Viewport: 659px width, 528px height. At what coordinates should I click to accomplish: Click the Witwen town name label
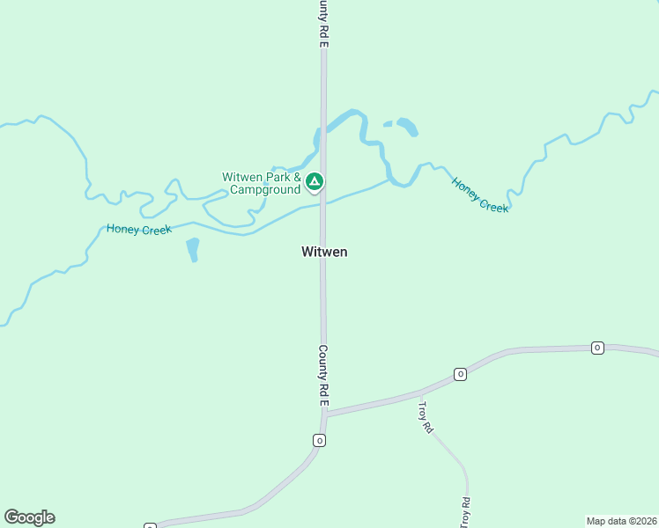(324, 252)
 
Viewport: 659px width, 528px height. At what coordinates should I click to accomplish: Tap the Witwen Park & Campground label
(262, 183)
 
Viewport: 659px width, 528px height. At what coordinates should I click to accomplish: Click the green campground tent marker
(315, 182)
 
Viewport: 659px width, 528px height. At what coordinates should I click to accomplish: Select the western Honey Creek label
(139, 229)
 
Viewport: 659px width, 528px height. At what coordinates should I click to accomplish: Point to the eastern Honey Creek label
(480, 195)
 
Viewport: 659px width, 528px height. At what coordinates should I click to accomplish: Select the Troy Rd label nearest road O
(426, 417)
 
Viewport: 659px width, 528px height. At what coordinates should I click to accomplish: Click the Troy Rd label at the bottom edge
(464, 512)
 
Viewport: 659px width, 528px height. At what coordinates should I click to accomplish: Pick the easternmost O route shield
(597, 348)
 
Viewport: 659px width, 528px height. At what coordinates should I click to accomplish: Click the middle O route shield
(460, 375)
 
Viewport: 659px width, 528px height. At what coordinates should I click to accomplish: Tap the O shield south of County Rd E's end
(319, 440)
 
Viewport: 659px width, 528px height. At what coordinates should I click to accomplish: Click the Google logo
(29, 517)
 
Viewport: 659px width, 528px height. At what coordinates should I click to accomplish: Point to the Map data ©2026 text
(620, 521)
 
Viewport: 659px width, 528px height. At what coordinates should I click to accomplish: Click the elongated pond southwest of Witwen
(193, 249)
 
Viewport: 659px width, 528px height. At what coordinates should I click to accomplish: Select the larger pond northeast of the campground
(407, 127)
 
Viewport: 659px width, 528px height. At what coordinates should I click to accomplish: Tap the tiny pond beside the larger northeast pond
(388, 124)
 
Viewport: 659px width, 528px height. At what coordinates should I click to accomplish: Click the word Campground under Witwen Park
(266, 189)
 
